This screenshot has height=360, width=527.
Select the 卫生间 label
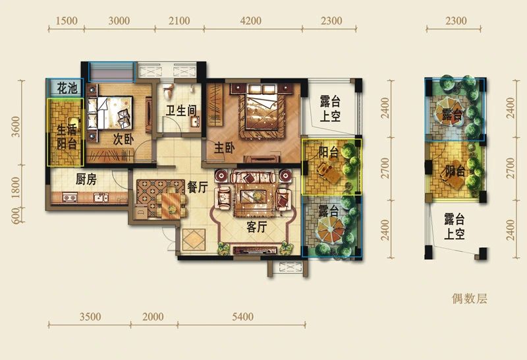click(x=180, y=111)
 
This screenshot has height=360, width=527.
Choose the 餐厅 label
click(x=198, y=187)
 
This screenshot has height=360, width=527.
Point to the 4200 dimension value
click(x=252, y=21)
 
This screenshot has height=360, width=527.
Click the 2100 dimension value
click(x=179, y=21)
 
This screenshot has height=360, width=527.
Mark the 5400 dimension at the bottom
click(x=242, y=317)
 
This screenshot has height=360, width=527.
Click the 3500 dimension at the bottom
click(x=90, y=317)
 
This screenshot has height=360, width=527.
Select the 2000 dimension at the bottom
click(x=153, y=317)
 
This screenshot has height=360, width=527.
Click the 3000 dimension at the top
click(x=119, y=21)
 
